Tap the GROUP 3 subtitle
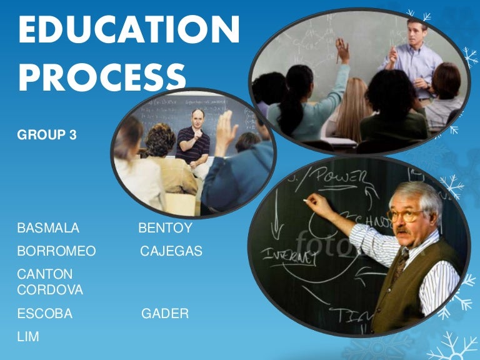point(47,134)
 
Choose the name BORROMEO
point(57,251)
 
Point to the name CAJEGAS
point(171,251)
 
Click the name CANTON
point(45,274)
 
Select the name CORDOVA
point(50,290)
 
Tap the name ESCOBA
point(45,314)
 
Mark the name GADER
point(165,314)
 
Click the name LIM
point(28,337)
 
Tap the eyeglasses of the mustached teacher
point(406,216)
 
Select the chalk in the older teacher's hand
point(306,200)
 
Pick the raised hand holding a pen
point(342,49)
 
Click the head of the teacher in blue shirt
point(417,29)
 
